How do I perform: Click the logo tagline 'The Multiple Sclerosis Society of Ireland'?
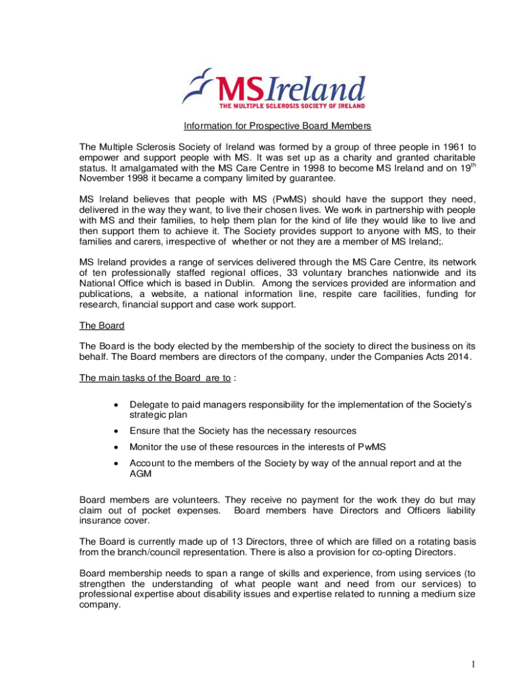[x=292, y=106]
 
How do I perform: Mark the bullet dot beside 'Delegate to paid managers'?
[x=117, y=405]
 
